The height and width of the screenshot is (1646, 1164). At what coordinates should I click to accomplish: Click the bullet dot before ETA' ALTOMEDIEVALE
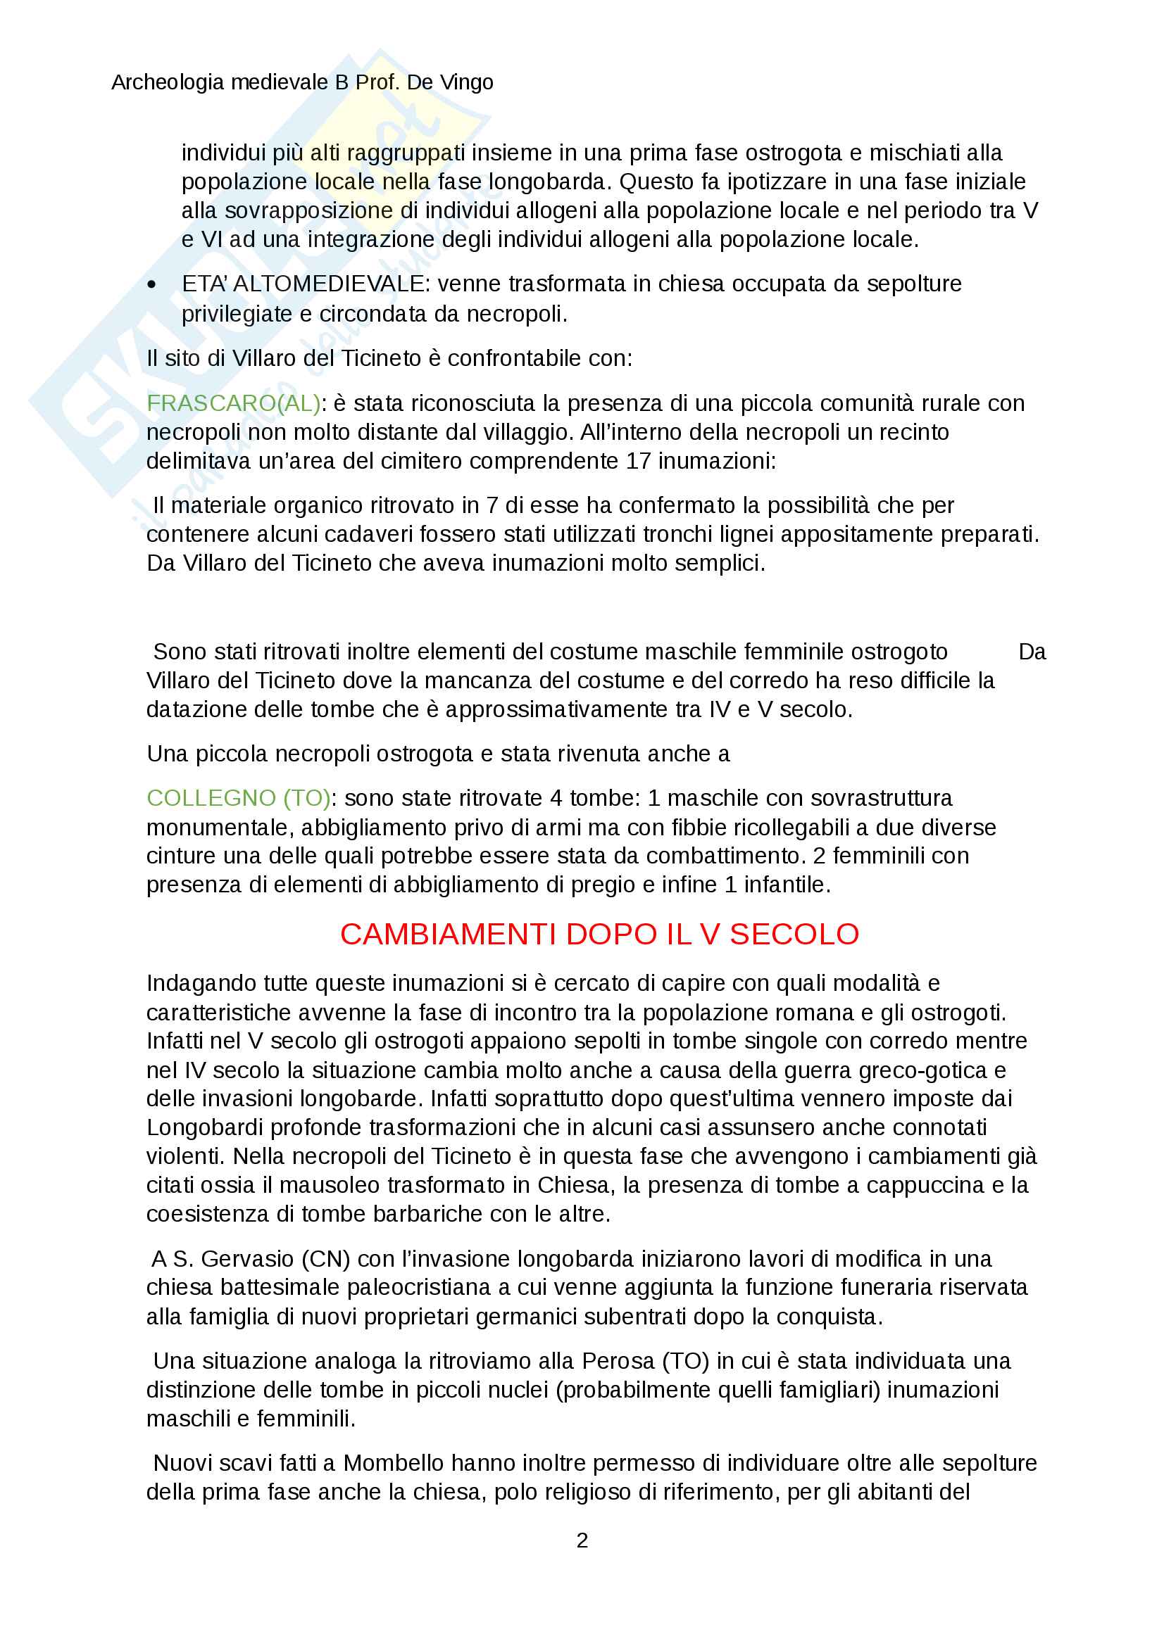151,284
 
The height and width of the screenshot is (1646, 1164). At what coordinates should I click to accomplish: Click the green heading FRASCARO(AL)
233,404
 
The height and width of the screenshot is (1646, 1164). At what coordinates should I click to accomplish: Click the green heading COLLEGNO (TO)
238,798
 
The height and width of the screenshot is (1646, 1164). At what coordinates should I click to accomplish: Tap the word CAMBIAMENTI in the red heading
449,934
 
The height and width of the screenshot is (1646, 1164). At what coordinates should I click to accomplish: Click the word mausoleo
323,1185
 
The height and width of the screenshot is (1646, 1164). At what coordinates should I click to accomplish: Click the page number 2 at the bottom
582,1540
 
